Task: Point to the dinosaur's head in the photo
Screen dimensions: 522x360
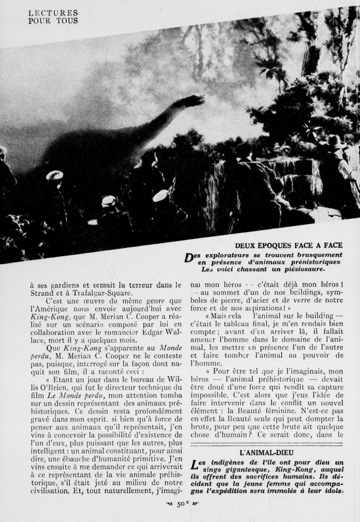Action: [x=196, y=101]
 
